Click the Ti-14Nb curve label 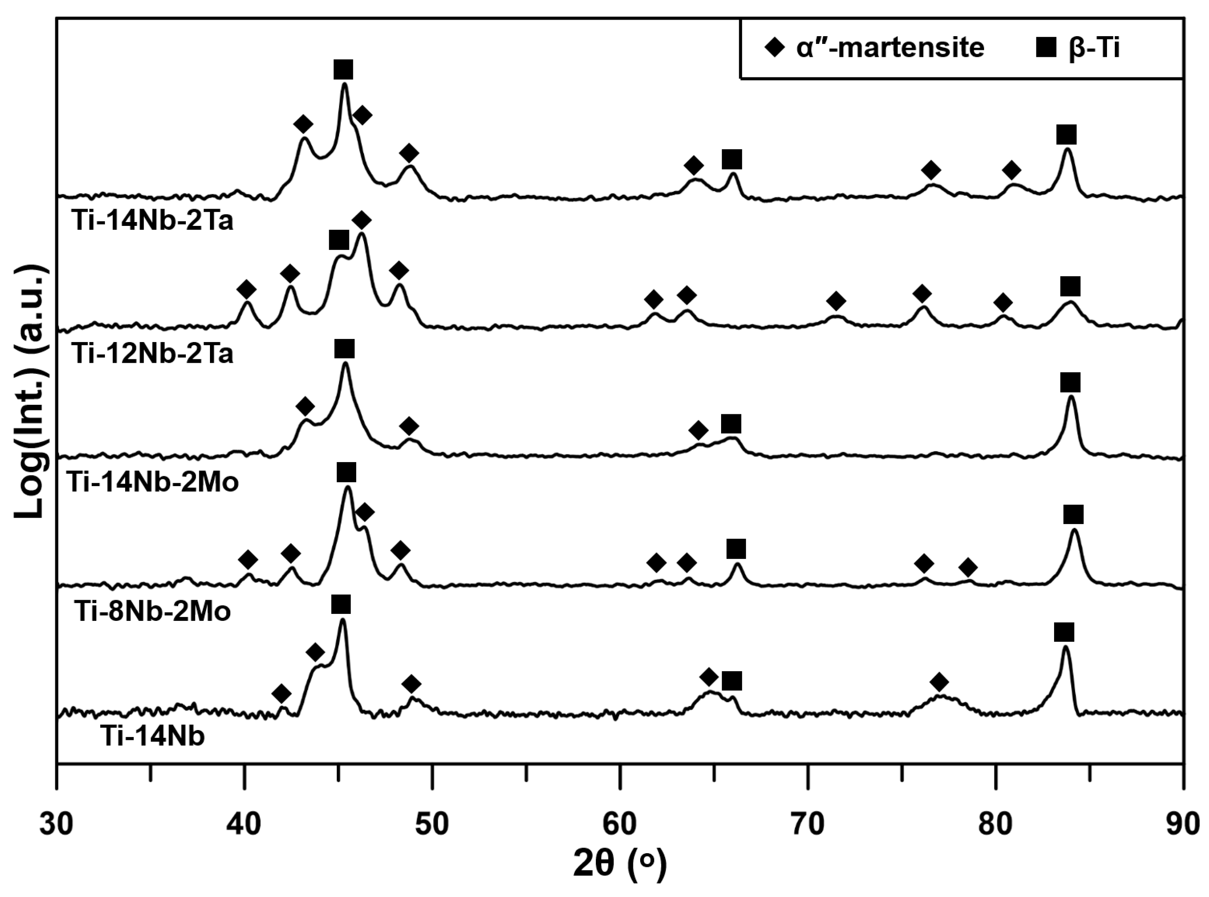point(153,737)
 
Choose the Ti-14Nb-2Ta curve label point(153,221)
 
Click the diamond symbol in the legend point(774,48)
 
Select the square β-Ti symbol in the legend point(1045,48)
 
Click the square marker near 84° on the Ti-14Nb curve point(1064,632)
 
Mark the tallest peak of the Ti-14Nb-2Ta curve point(344,85)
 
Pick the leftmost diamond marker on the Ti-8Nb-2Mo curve point(248,560)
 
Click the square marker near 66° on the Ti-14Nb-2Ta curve point(732,160)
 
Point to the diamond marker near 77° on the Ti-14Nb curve point(939,682)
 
